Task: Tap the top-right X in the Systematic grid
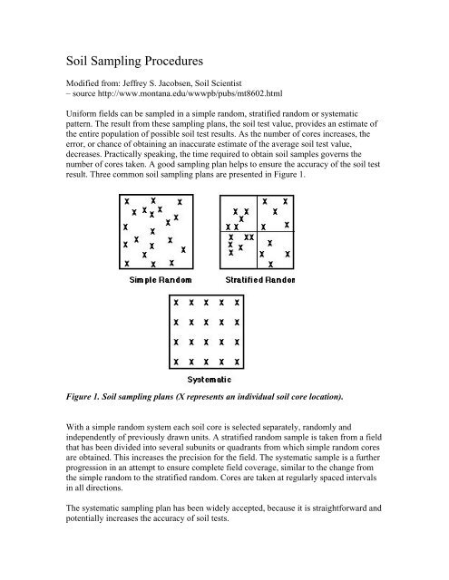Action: point(237,303)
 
